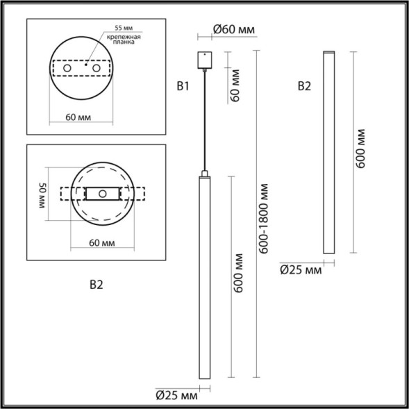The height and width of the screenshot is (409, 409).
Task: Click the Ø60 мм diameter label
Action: [x=231, y=30]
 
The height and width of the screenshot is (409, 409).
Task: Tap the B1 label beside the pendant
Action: [x=183, y=87]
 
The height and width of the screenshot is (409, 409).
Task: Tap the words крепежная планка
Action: [x=127, y=44]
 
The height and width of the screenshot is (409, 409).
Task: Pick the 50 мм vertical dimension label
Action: [x=42, y=196]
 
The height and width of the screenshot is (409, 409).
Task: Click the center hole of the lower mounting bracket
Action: [x=103, y=194]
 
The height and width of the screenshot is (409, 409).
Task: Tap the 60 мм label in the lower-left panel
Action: [x=103, y=242]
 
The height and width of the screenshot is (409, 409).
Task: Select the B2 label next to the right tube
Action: [x=304, y=87]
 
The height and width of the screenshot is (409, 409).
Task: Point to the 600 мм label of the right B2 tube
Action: [x=360, y=152]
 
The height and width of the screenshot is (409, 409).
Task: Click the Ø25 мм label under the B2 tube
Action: [x=301, y=269]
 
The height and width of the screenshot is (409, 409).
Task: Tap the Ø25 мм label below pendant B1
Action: [x=176, y=396]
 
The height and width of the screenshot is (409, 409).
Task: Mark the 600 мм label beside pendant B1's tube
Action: [x=238, y=278]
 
